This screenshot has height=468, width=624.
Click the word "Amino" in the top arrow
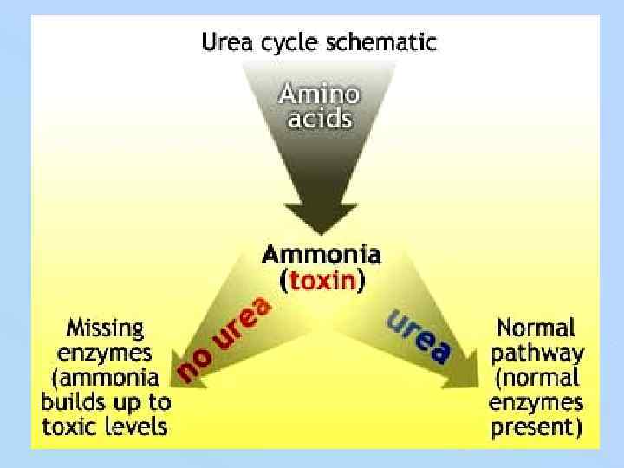click(320, 94)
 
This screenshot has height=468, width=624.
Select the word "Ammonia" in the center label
click(321, 255)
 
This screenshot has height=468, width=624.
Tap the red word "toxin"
click(322, 280)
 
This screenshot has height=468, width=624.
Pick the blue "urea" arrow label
click(419, 336)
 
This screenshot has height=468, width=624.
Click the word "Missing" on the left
click(106, 328)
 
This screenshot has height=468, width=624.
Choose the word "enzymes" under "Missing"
click(106, 353)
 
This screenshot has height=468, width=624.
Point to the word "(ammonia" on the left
click(106, 378)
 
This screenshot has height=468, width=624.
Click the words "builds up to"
click(106, 402)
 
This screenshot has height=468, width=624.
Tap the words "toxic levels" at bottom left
click(106, 426)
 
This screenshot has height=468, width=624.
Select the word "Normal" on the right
click(536, 328)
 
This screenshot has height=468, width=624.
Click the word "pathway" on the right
click(536, 353)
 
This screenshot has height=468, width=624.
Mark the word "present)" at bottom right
click(536, 426)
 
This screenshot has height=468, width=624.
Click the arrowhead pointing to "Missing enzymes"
click(179, 364)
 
